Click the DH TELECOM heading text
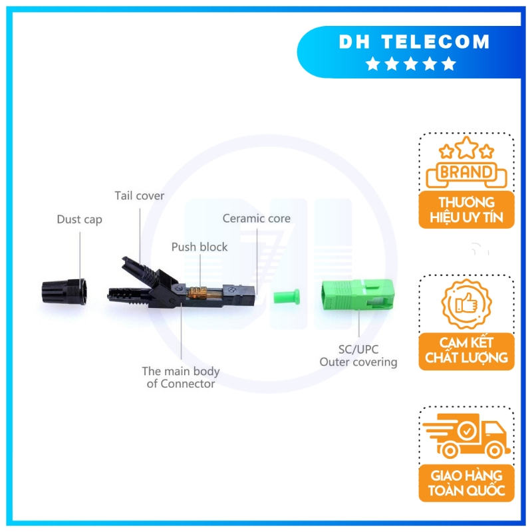coord(414,42)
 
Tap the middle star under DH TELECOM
coord(411,64)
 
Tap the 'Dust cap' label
coord(79,219)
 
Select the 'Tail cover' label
coord(139,196)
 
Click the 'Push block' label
coord(199,247)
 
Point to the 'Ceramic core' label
coord(256,218)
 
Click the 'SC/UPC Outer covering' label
coord(358,355)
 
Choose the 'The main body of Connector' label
coord(181,377)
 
